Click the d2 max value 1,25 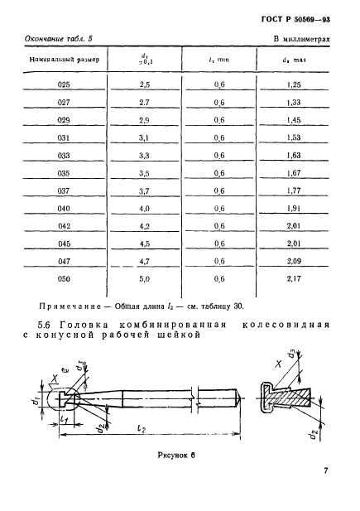(294, 85)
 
